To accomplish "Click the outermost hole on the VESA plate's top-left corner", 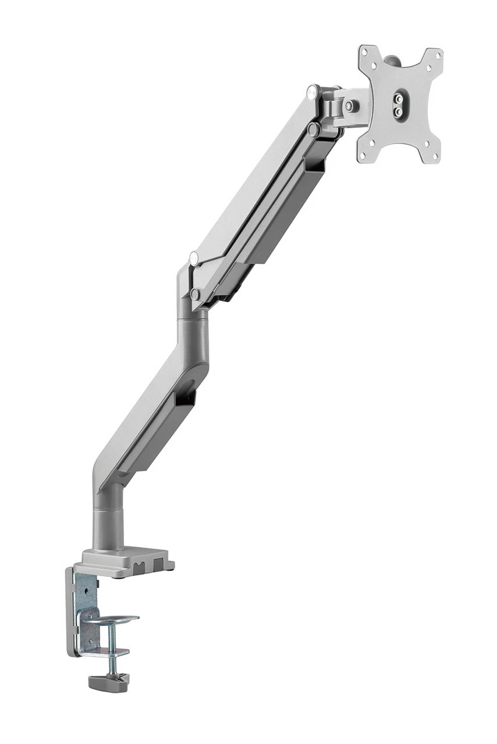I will tap(365, 53).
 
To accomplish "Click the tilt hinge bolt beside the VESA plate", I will tap(349, 106).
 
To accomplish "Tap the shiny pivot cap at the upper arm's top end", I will tap(313, 91).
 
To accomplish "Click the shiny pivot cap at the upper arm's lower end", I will tap(194, 257).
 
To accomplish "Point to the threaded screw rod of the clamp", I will tap(111, 645).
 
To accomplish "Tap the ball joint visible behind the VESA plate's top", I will tap(393, 60).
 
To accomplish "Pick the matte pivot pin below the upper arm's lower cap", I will tap(196, 294).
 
